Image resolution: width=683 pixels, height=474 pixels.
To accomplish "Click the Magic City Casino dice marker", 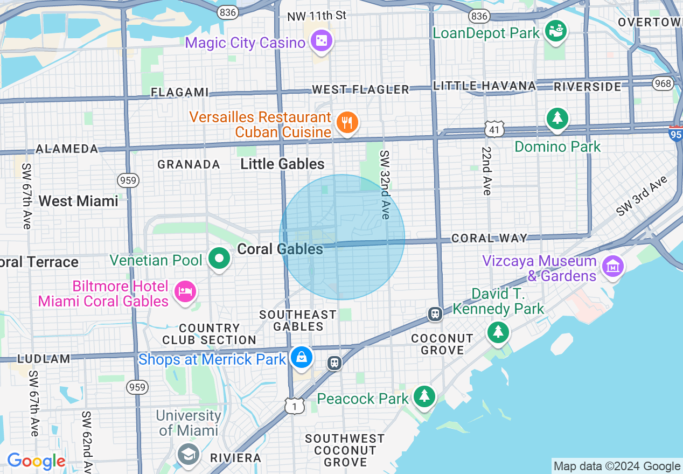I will (x=321, y=41).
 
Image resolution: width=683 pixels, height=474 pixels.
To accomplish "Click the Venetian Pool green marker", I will (x=219, y=259).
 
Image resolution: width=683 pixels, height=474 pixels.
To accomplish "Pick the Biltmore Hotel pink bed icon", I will (x=185, y=292).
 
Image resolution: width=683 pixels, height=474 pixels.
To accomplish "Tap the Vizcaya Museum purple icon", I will (x=613, y=267).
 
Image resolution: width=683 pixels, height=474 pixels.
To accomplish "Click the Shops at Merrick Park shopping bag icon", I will (x=301, y=358).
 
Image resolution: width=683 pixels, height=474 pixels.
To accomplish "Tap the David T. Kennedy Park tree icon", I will (x=498, y=332).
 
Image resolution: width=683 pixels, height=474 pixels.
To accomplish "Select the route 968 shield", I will (x=662, y=83).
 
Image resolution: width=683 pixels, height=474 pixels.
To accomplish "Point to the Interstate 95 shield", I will (x=676, y=133).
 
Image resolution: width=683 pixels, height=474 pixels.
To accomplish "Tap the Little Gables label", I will (x=282, y=164).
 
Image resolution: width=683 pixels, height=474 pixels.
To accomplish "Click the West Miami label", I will (x=78, y=201).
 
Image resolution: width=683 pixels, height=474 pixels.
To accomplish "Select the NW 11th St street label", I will (x=317, y=16).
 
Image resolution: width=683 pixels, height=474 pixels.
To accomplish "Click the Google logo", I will (x=36, y=462).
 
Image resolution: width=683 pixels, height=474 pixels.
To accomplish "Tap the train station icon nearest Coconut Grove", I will (x=435, y=314).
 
